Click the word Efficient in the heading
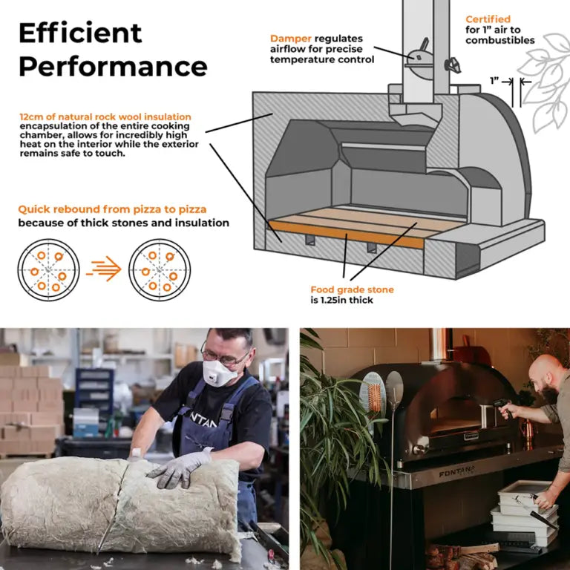[80, 33]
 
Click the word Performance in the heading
[113, 67]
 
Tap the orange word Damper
[290, 39]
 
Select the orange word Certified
[488, 19]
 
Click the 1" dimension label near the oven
[494, 81]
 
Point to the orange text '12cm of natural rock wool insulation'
[105, 117]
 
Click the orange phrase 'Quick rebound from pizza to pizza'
[112, 209]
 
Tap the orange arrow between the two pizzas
[104, 269]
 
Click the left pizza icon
[48, 269]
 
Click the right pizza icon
[160, 269]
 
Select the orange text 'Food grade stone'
[352, 289]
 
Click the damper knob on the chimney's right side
[453, 65]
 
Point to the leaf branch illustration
[544, 82]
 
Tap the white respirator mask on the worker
[218, 373]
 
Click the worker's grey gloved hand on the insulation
[179, 469]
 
